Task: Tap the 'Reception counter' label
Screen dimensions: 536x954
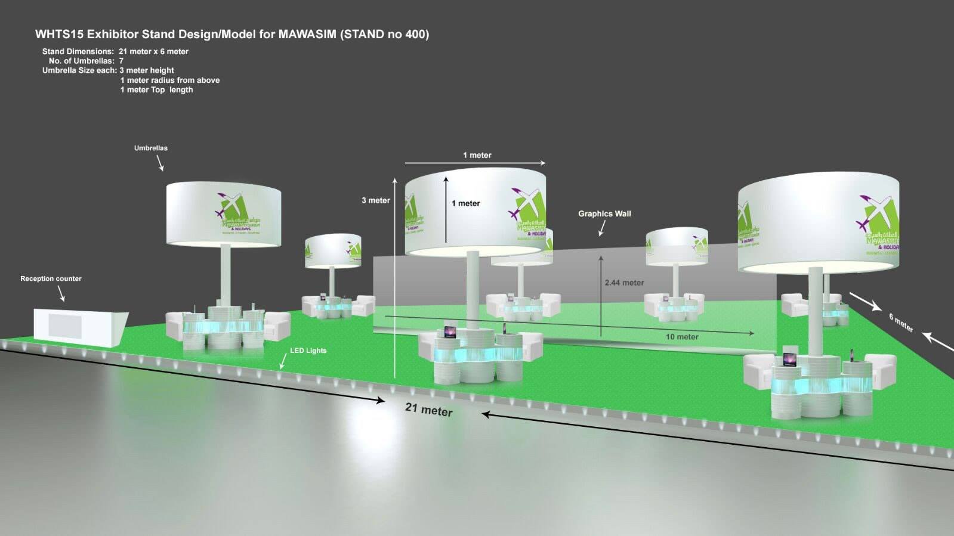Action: tap(51, 278)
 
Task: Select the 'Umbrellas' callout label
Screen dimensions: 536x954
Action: tap(150, 148)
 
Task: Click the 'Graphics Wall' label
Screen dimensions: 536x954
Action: tap(604, 213)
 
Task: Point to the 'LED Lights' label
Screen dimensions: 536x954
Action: tap(308, 351)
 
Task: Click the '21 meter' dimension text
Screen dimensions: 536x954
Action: tap(428, 409)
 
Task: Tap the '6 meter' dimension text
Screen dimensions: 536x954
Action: tap(901, 323)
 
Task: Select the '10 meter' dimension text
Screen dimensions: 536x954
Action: tap(682, 337)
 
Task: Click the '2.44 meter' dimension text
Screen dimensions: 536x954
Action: tap(624, 283)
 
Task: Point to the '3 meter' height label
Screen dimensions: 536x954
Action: tap(375, 200)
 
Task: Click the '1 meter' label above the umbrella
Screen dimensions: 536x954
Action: tap(477, 155)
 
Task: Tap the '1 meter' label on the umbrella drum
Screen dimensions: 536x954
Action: tap(465, 203)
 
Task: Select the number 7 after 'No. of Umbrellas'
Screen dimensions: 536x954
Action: tap(121, 61)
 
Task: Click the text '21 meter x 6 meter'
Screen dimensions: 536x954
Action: tap(153, 51)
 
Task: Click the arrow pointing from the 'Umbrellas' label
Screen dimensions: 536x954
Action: tap(160, 163)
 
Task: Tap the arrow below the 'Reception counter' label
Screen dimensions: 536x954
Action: tap(61, 293)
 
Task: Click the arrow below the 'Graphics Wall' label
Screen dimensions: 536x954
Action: tap(602, 228)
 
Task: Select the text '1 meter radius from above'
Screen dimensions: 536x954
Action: tap(169, 80)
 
